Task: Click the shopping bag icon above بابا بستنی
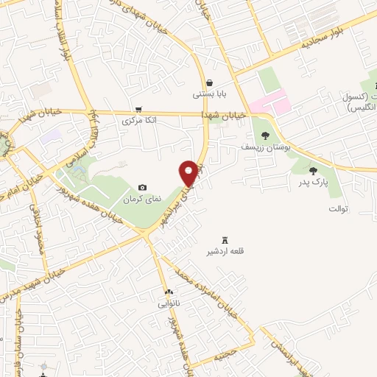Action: coord(210,82)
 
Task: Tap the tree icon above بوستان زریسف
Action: coord(264,135)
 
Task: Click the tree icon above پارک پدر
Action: coord(313,170)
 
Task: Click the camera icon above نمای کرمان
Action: coord(142,188)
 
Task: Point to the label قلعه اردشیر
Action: coord(225,251)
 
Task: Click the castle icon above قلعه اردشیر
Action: coord(225,239)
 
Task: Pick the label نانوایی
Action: coord(168,303)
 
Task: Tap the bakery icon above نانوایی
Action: coord(169,292)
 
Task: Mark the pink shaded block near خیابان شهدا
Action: coord(269,102)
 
